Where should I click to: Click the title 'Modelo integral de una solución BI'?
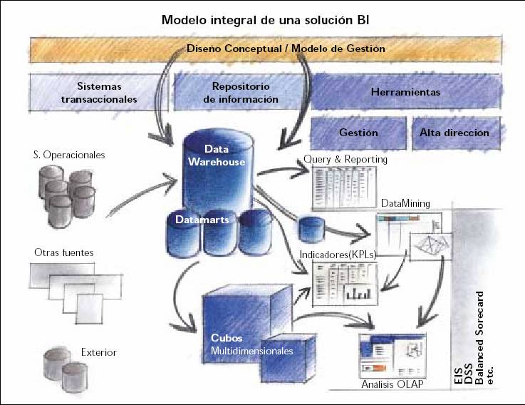click(x=266, y=20)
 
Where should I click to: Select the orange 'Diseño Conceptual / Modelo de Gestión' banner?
click(x=266, y=50)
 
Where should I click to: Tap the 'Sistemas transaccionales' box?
click(x=99, y=93)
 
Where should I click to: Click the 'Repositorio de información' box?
click(x=240, y=93)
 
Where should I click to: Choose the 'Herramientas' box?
click(x=406, y=92)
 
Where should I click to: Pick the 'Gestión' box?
click(x=358, y=133)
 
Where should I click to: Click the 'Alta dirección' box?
click(x=456, y=133)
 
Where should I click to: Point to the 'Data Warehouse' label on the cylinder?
click(x=217, y=155)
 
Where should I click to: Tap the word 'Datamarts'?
click(x=202, y=220)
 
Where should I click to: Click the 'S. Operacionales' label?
click(x=69, y=155)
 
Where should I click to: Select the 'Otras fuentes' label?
click(x=64, y=252)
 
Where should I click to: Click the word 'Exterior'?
click(x=99, y=352)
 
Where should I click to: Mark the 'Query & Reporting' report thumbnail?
click(x=345, y=188)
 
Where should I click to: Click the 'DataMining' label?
click(x=405, y=203)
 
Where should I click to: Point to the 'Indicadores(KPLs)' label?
click(x=338, y=255)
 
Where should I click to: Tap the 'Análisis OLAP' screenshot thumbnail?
click(x=393, y=356)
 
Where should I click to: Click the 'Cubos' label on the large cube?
click(x=227, y=337)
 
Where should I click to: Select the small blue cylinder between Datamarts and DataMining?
click(x=312, y=229)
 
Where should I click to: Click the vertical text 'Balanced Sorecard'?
click(x=480, y=338)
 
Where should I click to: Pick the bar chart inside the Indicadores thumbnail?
click(x=358, y=293)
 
